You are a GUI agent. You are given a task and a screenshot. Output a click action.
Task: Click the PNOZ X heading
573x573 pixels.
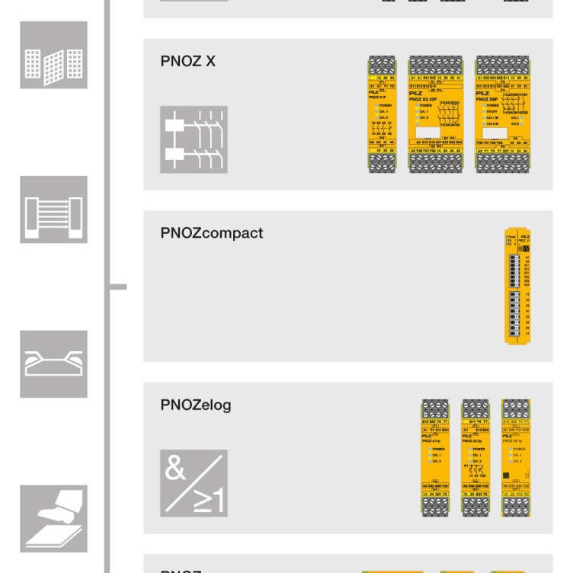pos(187,61)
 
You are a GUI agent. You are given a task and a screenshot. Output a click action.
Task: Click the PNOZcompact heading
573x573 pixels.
pos(211,233)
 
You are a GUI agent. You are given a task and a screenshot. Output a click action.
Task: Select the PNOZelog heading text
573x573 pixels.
pos(195,405)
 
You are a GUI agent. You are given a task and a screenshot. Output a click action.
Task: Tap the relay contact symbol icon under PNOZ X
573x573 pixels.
pos(194,139)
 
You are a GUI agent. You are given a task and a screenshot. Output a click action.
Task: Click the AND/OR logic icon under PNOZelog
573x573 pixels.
pos(194,483)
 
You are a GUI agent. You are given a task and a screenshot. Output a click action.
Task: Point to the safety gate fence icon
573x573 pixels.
pos(53,55)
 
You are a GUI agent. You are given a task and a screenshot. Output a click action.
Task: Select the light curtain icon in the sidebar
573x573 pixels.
pos(53,210)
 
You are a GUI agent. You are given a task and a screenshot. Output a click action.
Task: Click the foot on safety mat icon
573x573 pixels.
pos(53,518)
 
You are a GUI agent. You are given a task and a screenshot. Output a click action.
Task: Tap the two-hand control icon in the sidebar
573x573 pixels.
pos(53,364)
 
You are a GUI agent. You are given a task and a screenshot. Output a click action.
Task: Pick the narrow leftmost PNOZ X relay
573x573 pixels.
pos(382,114)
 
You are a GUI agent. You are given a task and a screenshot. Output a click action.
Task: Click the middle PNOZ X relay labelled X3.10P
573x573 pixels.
pos(435,114)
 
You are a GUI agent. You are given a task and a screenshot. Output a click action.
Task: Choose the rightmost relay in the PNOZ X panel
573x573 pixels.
pos(502,114)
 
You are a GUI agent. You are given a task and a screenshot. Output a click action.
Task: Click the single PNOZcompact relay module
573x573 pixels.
pos(517,285)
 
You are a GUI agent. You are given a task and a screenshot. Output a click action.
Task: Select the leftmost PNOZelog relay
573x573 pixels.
pos(435,458)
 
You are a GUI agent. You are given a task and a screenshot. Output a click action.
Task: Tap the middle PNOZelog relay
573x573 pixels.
pos(475,458)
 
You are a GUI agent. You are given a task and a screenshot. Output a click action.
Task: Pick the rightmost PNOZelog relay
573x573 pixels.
pos(516,458)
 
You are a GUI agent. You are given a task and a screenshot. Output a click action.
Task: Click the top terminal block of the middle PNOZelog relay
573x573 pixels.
pos(475,408)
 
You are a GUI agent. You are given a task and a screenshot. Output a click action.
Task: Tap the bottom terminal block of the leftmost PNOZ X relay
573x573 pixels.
pos(382,162)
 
